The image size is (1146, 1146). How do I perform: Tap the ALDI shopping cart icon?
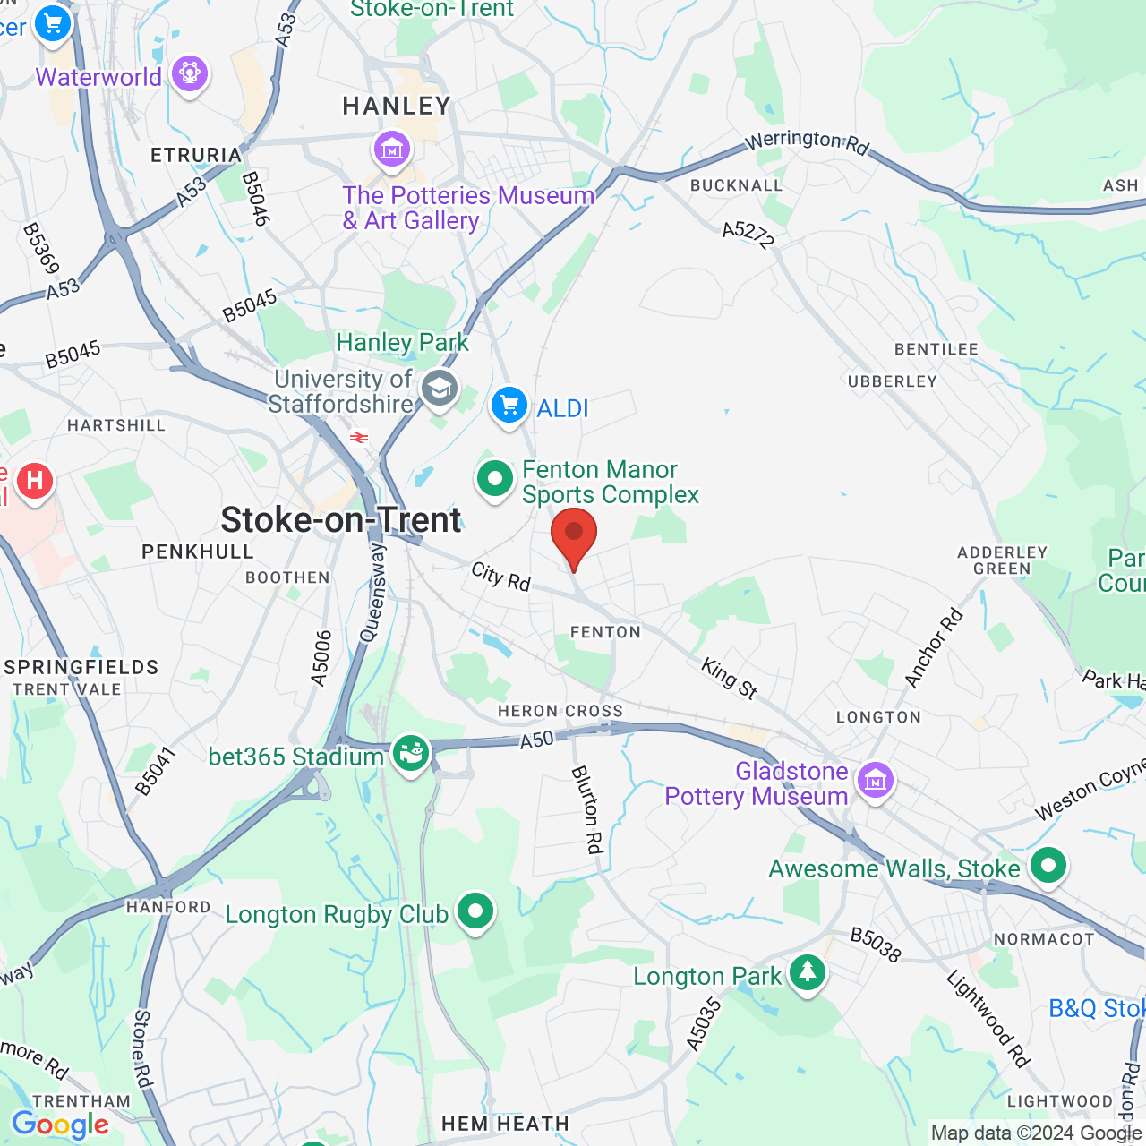point(509,406)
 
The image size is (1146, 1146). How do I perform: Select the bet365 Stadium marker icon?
point(411,753)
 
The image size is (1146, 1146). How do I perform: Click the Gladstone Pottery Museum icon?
point(875,781)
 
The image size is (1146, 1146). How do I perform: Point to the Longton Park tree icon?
point(808,973)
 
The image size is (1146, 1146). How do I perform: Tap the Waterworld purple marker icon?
point(190,73)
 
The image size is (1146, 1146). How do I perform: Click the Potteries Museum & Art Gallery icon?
point(392,150)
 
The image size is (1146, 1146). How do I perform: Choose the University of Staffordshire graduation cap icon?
point(440,389)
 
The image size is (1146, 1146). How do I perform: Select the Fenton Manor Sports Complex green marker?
point(495,479)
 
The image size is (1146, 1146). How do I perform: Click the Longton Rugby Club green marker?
point(475,912)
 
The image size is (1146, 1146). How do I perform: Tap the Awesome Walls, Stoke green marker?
point(1048,866)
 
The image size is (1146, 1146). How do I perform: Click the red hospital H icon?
point(35,482)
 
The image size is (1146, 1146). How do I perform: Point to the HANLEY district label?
point(397,107)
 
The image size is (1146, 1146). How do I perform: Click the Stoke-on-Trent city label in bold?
point(341,520)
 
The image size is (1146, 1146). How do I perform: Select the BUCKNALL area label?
point(736,185)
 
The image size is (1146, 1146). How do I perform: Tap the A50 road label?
point(537,740)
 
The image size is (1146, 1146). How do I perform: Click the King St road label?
point(730,678)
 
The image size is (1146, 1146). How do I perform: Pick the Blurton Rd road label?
point(587,809)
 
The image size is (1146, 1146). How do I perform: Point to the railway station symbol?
point(359,438)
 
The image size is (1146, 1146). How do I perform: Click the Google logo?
point(60,1125)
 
